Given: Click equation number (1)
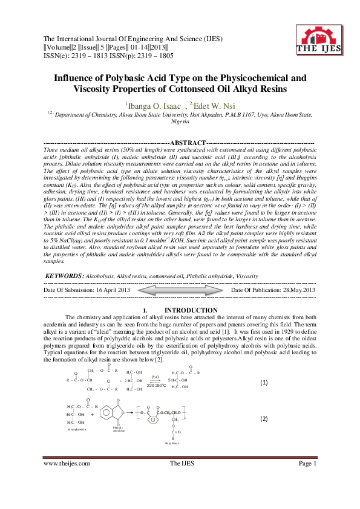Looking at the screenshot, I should pos(264,383).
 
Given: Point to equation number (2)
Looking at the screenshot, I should pos(264,418).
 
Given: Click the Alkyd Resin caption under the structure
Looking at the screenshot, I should pos(172,443).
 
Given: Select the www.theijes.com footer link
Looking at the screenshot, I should pos(67,480).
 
